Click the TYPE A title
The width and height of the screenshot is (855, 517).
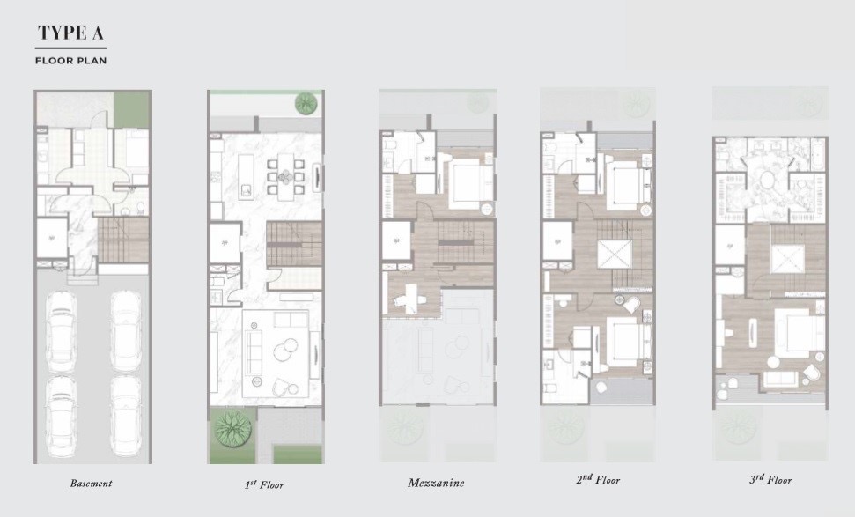(70, 33)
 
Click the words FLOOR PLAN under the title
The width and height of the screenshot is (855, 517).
(71, 61)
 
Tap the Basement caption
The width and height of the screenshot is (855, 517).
(91, 484)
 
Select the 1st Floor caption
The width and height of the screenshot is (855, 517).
(264, 484)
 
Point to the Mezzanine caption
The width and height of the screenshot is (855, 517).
(436, 483)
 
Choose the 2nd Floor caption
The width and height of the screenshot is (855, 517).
(598, 479)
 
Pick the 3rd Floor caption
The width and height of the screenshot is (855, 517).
(770, 479)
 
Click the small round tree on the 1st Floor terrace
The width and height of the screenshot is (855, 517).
(306, 104)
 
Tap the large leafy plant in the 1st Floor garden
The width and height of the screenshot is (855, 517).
(233, 428)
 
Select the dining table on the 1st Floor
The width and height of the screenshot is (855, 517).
(285, 176)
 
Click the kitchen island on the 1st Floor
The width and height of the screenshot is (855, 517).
(246, 176)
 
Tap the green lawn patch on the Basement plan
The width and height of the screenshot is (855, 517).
(131, 109)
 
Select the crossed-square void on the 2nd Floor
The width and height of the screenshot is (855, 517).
(615, 255)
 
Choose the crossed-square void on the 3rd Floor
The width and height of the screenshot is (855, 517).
(787, 259)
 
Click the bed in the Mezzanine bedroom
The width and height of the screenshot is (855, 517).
(468, 182)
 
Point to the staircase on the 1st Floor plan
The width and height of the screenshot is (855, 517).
(294, 244)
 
